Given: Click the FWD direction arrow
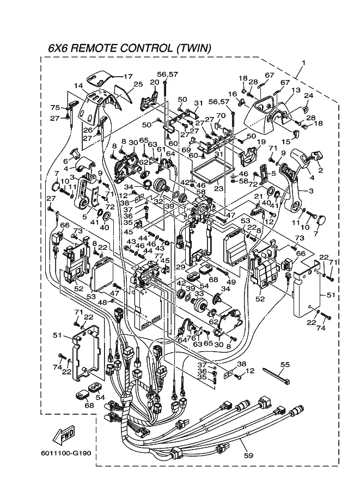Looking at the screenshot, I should coord(64,435).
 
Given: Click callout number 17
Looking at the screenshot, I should coord(128,76).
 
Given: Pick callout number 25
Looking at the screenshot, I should coord(138,84).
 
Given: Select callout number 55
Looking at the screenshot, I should coord(284,364).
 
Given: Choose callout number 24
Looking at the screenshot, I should coord(308,96).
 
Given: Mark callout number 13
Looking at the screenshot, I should coord(296,90).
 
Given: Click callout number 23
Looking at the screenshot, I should coord(219,189).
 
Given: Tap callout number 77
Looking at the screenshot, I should coord(158,255).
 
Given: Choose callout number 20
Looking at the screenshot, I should coord(154,82).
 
